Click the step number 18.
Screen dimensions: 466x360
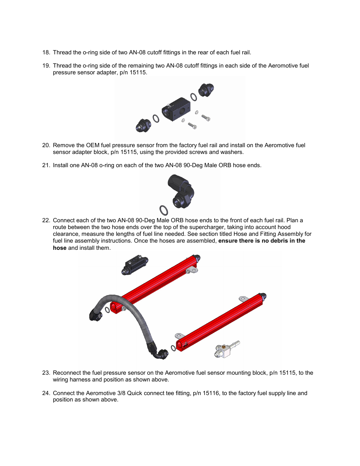tap(46, 52)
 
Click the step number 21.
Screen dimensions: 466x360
tap(46, 165)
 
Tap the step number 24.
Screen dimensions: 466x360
tap(46, 393)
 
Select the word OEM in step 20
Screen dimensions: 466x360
tap(93, 145)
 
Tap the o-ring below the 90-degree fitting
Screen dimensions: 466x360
tap(164, 210)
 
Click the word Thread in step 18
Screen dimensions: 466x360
tap(62, 52)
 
